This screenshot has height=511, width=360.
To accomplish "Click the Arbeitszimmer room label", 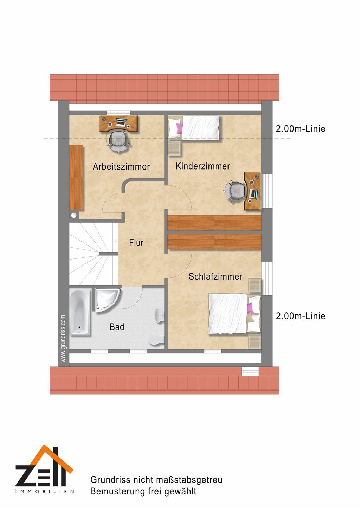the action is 121,167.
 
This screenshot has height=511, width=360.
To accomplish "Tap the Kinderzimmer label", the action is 203,166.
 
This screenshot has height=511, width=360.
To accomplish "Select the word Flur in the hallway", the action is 136,243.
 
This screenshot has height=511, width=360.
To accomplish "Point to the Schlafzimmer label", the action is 216,276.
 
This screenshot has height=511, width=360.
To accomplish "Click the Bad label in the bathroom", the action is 117,327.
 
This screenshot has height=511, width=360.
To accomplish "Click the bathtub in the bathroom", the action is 80,312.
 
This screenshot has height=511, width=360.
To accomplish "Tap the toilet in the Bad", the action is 156,339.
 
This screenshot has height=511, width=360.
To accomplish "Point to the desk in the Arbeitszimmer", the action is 118,123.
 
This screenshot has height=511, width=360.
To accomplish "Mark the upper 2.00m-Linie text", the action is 301,129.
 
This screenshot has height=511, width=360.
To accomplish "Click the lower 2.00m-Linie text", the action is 301,316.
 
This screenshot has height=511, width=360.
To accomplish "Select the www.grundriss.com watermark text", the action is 63,338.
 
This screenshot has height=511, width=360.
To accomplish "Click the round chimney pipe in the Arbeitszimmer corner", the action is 73,215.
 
